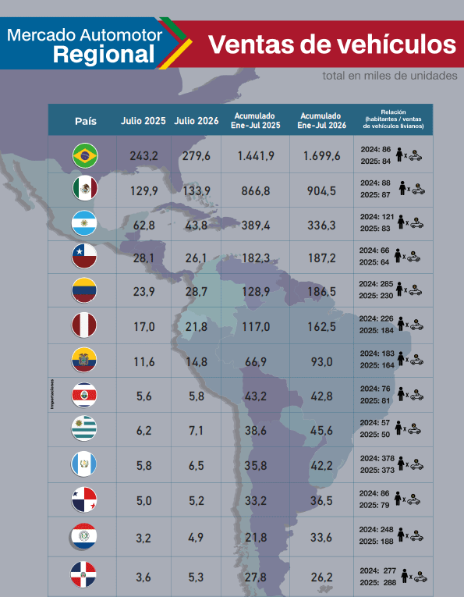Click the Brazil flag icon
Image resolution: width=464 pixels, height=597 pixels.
[85, 155]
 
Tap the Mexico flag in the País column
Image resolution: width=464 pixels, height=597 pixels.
[85, 188]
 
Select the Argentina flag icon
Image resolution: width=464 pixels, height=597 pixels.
[84, 223]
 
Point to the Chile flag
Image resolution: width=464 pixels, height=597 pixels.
[84, 256]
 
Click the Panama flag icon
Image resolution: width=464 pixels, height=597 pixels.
[84, 499]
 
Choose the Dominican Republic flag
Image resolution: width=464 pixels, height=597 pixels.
[83, 574]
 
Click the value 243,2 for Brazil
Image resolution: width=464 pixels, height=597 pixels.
[143, 156]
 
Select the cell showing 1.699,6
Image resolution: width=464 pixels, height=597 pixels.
[322, 156]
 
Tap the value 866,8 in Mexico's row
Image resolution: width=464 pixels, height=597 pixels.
[256, 190]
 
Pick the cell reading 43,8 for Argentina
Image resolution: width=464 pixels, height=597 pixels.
[197, 225]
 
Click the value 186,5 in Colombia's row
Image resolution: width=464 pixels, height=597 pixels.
[322, 292]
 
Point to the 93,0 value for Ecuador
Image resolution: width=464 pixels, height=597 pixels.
[322, 361]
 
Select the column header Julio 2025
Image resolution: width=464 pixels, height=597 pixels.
[143, 121]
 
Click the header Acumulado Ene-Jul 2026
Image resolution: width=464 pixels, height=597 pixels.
[322, 121]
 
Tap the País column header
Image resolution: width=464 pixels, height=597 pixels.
[86, 121]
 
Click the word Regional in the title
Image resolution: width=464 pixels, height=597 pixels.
[104, 54]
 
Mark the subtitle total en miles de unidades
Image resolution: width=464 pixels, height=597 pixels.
[390, 76]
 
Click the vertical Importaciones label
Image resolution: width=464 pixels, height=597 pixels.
[52, 394]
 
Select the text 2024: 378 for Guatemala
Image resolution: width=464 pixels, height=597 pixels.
[377, 458]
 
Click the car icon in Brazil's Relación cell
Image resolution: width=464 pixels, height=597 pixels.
[416, 155]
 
